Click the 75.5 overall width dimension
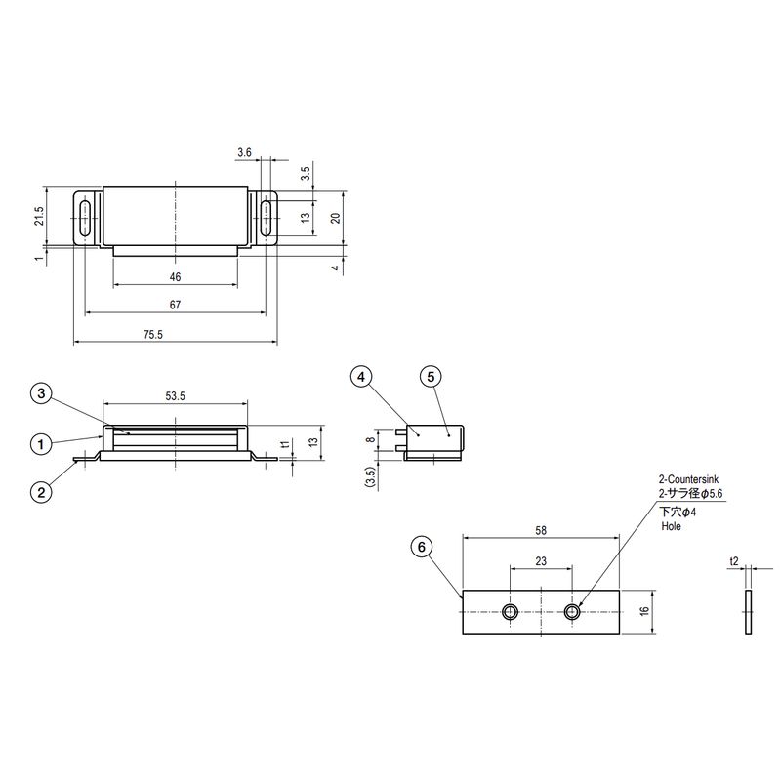(153, 334)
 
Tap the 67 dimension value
(175, 305)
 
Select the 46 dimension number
(175, 277)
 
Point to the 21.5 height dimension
(39, 216)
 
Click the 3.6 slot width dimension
(245, 152)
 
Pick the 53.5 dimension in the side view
(176, 396)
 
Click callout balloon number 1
(41, 443)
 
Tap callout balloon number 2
(41, 492)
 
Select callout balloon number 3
(41, 393)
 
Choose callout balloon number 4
(361, 377)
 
